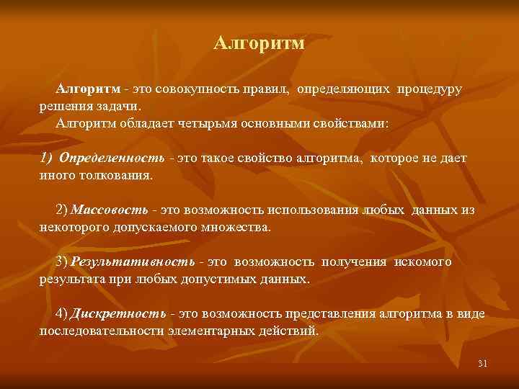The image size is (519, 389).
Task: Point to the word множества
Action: pyautogui.click(x=238, y=227)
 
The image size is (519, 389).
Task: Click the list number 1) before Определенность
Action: pyautogui.click(x=46, y=158)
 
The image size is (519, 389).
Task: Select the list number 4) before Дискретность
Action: pyautogui.click(x=62, y=314)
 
